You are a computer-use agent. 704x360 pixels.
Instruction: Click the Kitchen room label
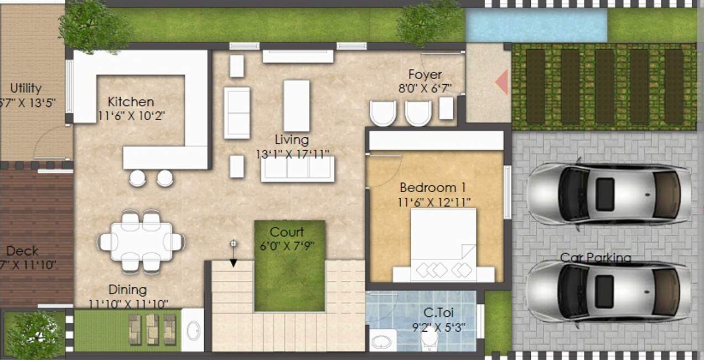coord(131,102)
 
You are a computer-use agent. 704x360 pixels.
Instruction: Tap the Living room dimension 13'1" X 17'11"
coord(292,153)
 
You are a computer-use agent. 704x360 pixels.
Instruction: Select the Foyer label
coord(425,74)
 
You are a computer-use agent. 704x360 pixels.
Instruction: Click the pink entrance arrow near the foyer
coord(502,82)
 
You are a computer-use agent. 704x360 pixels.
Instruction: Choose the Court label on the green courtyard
coord(287,232)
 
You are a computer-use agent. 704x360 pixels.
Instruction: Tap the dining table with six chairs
coord(141,241)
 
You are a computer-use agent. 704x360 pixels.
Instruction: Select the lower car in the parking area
coord(608,291)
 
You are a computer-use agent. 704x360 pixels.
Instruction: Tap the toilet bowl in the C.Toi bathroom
coord(429,339)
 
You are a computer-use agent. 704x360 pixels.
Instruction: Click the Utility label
coord(26,88)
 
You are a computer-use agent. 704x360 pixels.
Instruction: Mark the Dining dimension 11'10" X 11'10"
coord(128,304)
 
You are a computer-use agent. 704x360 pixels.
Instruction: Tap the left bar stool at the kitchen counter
coord(137,178)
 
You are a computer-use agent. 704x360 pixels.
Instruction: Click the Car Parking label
coord(596,258)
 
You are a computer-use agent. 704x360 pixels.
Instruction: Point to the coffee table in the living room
coord(296,105)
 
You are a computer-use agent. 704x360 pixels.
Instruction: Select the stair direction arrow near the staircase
coord(234,255)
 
